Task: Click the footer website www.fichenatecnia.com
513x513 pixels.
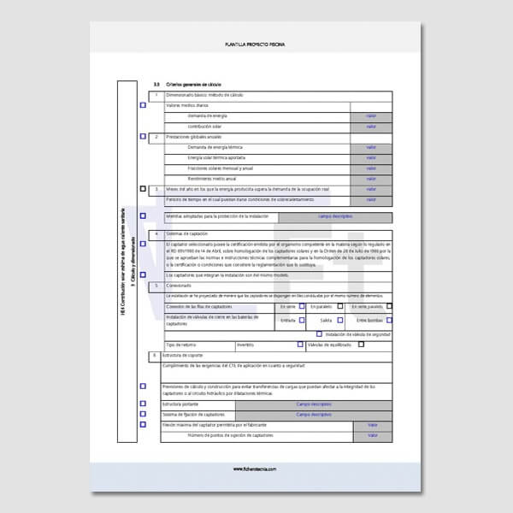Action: click(x=256, y=469)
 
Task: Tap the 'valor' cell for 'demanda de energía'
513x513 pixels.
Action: click(x=371, y=115)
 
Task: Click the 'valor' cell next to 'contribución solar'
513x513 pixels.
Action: click(x=371, y=126)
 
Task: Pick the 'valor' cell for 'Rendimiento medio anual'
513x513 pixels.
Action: click(x=371, y=179)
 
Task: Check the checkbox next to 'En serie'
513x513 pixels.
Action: click(x=302, y=306)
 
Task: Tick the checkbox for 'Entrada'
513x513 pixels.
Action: click(x=302, y=320)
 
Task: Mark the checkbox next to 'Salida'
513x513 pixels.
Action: click(x=338, y=320)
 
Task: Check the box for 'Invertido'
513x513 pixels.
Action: click(x=300, y=345)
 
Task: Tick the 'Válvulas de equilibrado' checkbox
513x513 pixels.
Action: click(x=361, y=345)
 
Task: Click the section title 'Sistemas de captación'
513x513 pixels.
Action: click(x=186, y=233)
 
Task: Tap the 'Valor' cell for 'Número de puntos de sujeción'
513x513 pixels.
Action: click(x=371, y=436)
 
